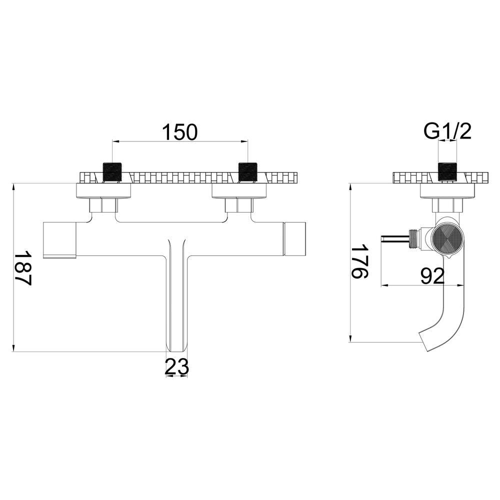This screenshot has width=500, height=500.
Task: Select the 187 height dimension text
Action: click(x=23, y=268)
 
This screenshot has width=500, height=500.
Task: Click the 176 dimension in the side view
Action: click(x=359, y=261)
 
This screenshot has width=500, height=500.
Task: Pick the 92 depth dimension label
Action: click(x=432, y=276)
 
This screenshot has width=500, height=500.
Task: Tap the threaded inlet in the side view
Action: click(x=447, y=172)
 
